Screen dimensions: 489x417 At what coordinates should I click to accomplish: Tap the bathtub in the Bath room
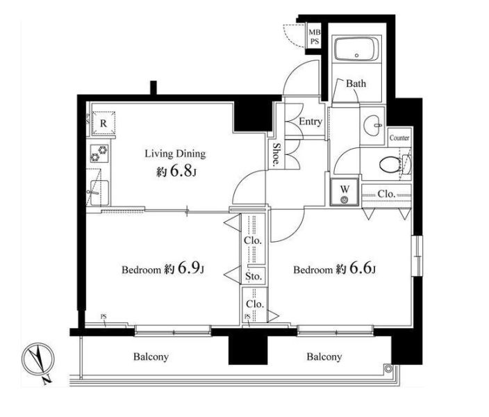[x=357, y=49]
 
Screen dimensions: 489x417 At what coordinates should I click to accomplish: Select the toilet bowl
[x=390, y=164]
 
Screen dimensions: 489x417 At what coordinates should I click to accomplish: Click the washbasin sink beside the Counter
[x=373, y=126]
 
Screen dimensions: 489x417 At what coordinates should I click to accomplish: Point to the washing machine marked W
[x=344, y=193]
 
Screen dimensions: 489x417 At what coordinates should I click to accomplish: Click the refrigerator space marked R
[x=103, y=123]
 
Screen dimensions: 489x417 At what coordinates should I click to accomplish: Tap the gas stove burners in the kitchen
[x=99, y=154]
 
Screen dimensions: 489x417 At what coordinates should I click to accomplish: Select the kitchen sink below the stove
[x=98, y=193]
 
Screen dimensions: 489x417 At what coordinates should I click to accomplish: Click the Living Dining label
[x=175, y=154]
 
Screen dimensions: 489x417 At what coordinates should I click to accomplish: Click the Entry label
[x=310, y=122]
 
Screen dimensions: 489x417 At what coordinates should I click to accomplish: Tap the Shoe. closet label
[x=276, y=154]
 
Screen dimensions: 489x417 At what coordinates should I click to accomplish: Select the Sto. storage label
[x=254, y=276]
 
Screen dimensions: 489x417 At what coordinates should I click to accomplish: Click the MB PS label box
[x=314, y=37]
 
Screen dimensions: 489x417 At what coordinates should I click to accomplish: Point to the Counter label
[x=399, y=138]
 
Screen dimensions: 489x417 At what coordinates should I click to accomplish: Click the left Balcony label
[x=151, y=357]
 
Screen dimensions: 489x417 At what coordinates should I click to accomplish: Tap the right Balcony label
[x=324, y=357]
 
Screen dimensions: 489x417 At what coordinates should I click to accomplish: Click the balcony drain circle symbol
[x=388, y=368]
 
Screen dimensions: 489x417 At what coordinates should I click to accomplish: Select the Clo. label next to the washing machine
[x=386, y=194]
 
